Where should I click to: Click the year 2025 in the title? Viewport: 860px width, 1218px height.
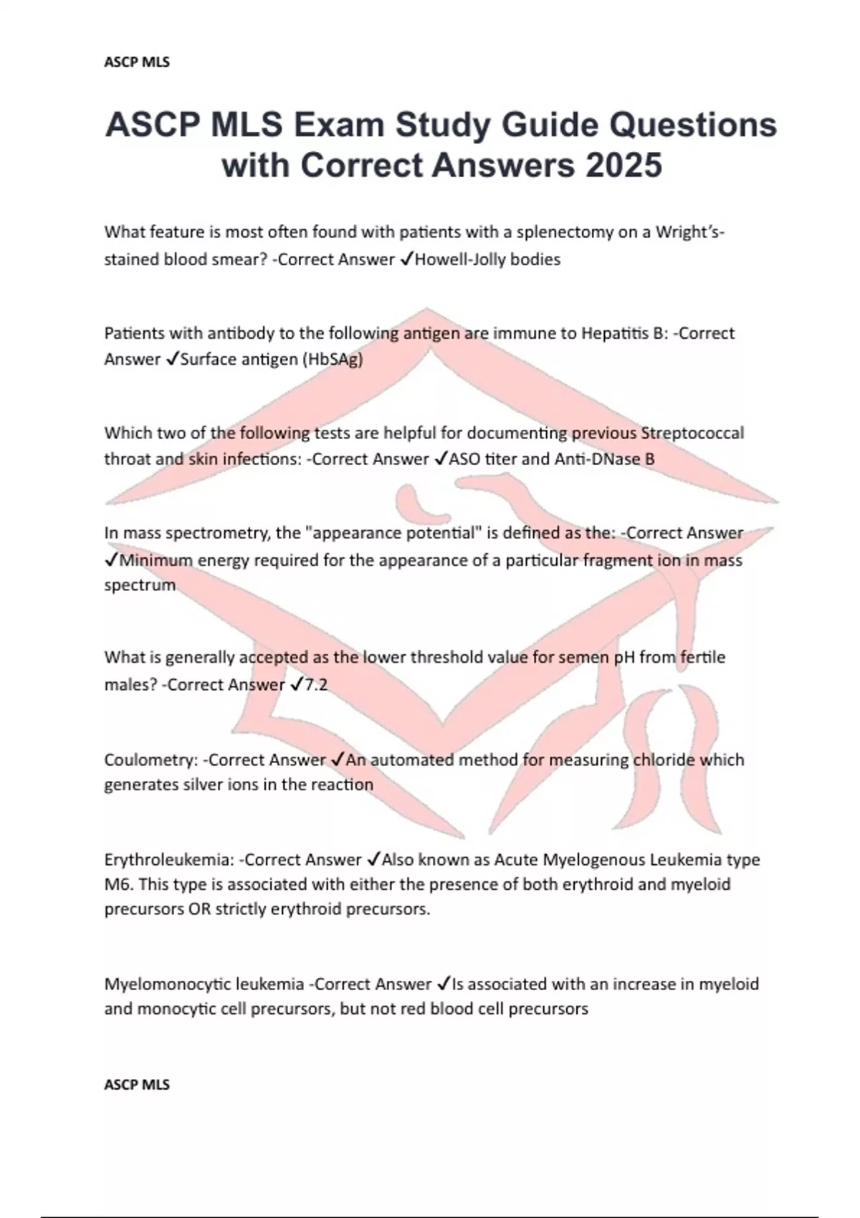pyautogui.click(x=623, y=166)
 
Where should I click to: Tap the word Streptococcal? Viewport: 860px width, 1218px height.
pyautogui.click(x=692, y=433)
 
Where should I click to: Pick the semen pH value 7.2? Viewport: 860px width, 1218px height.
pyautogui.click(x=316, y=685)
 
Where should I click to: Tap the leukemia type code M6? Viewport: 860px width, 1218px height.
pyautogui.click(x=117, y=885)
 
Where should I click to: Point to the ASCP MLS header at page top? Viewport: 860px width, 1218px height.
pyautogui.click(x=137, y=62)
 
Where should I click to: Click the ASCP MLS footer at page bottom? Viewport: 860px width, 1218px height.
pyautogui.click(x=137, y=1085)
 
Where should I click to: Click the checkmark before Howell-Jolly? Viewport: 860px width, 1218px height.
pyautogui.click(x=406, y=259)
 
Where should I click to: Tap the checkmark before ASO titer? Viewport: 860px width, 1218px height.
pyautogui.click(x=440, y=459)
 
